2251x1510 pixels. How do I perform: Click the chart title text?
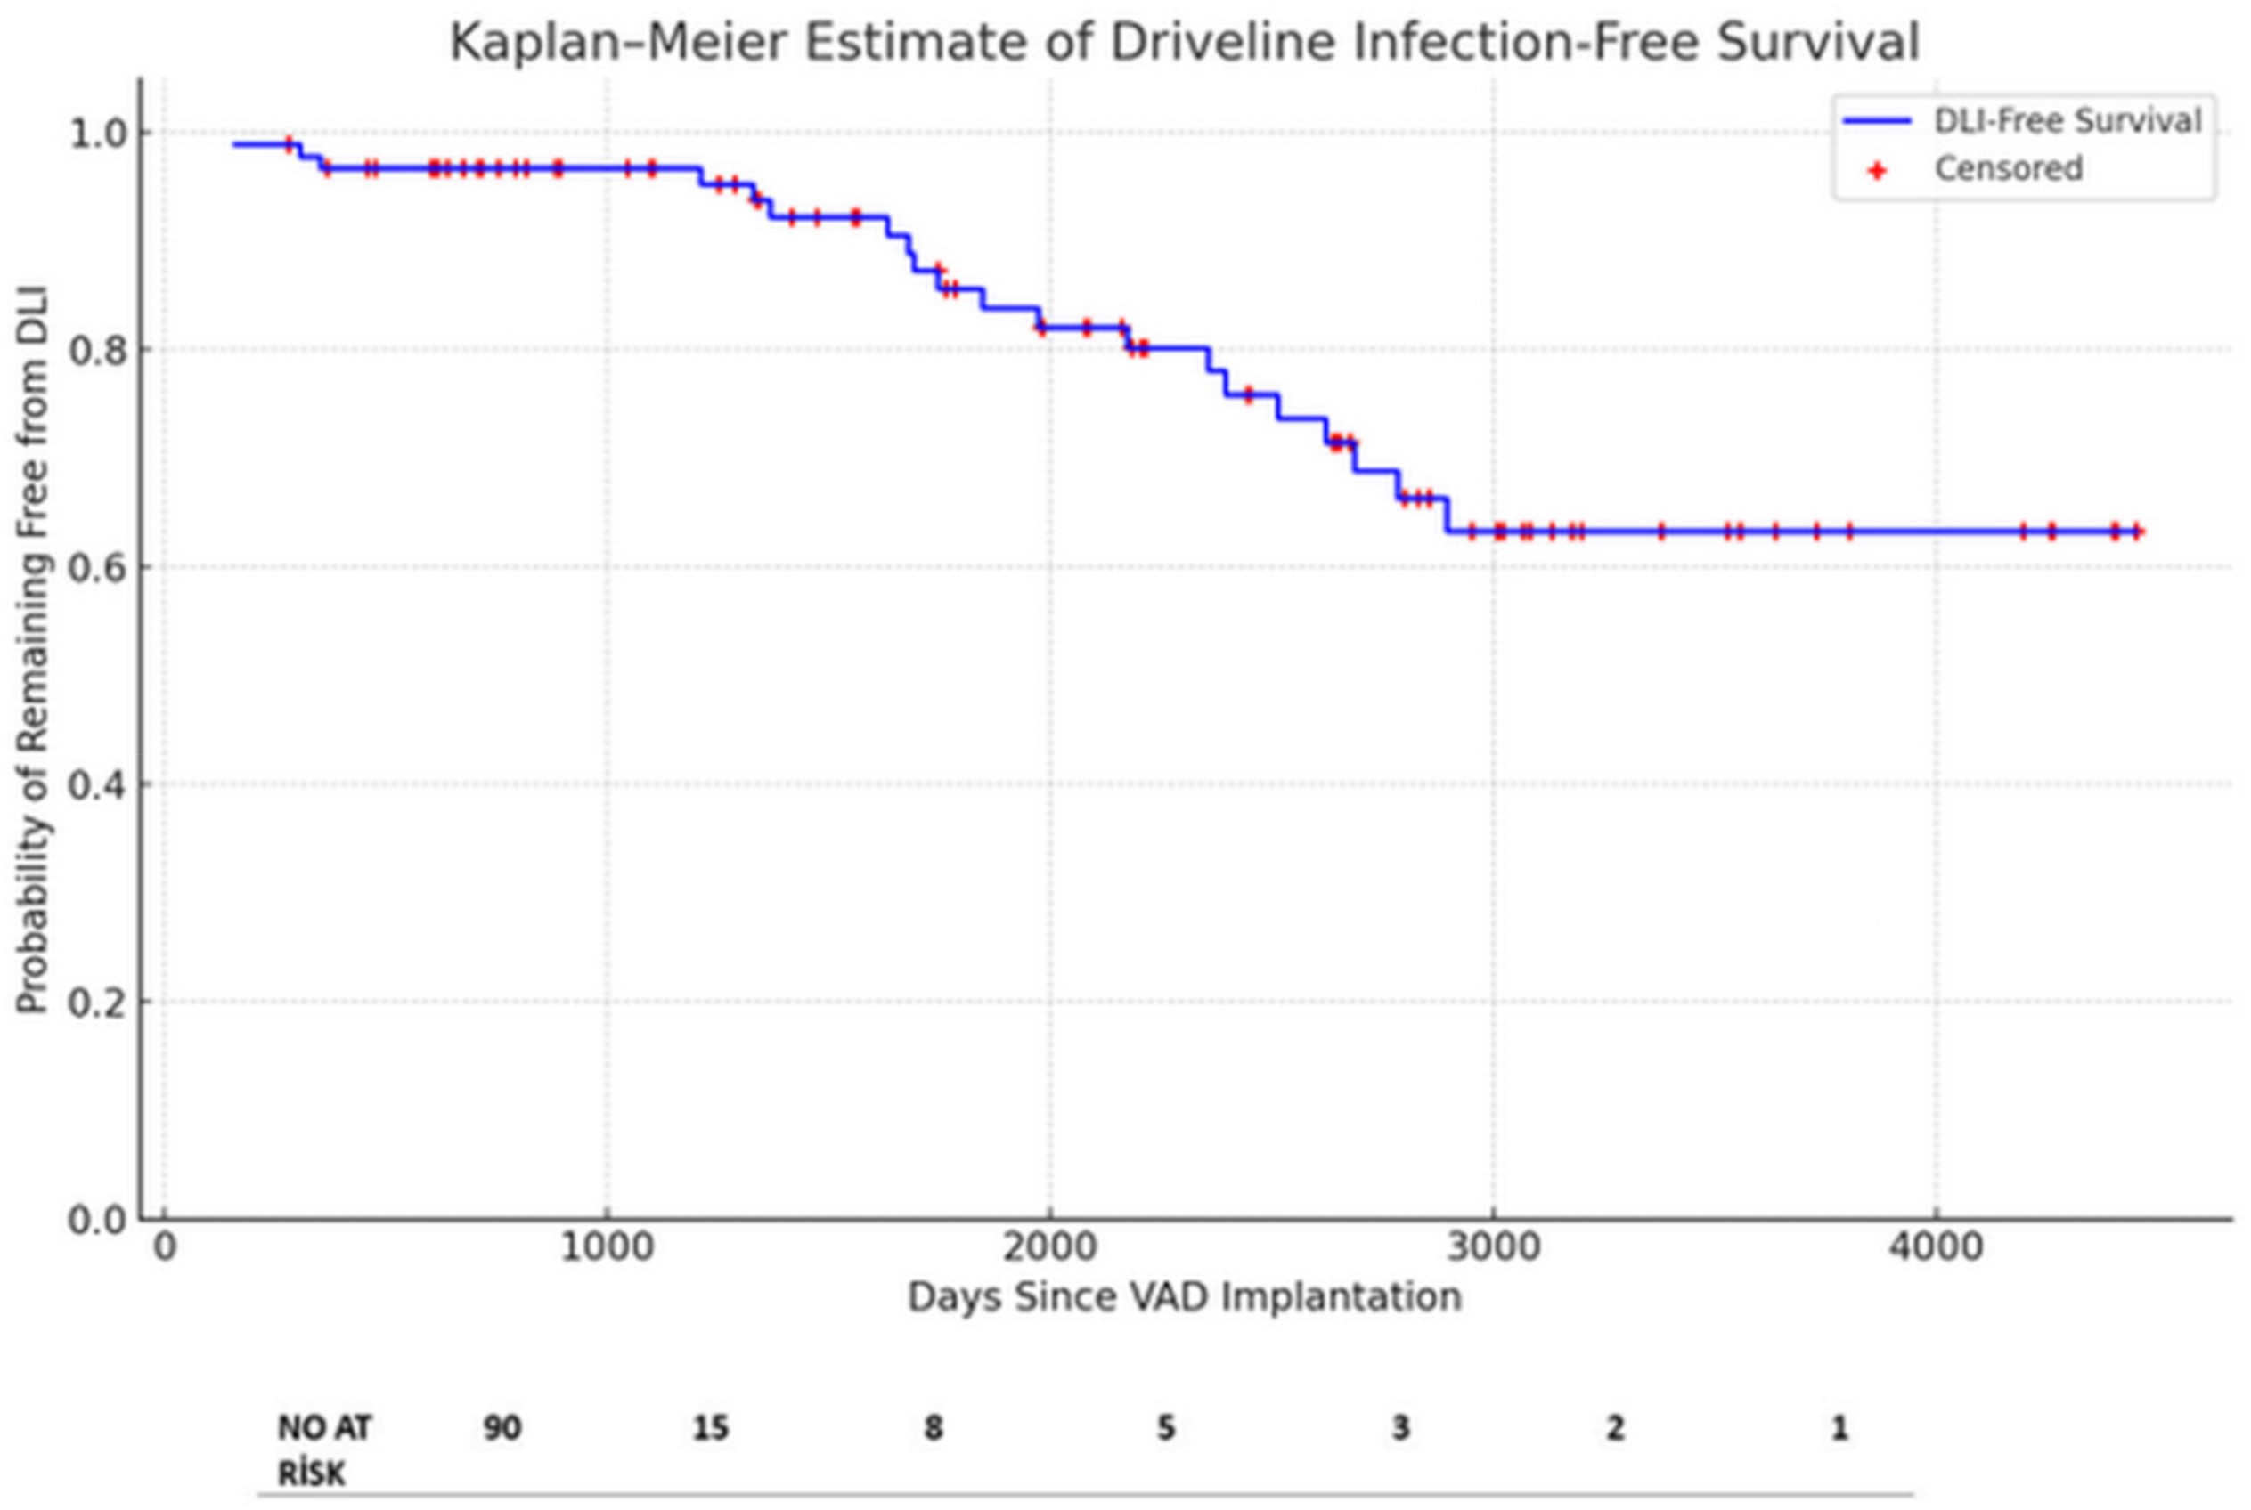1184,44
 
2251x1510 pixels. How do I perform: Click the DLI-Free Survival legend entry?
2067,120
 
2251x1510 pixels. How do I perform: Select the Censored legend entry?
2009,168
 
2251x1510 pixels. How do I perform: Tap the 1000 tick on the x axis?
607,1248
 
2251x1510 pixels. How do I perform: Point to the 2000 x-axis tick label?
1050,1248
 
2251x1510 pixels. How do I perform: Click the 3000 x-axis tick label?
1493,1248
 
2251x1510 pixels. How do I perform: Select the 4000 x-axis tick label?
1936,1248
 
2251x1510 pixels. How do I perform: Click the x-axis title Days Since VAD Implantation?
1184,1297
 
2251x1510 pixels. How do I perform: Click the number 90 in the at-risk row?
502,1427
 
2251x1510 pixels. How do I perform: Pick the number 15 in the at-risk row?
711,1427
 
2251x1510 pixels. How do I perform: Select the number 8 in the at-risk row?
933,1427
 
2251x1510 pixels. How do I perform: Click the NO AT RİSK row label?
323,1449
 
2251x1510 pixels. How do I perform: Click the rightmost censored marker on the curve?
2137,531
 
